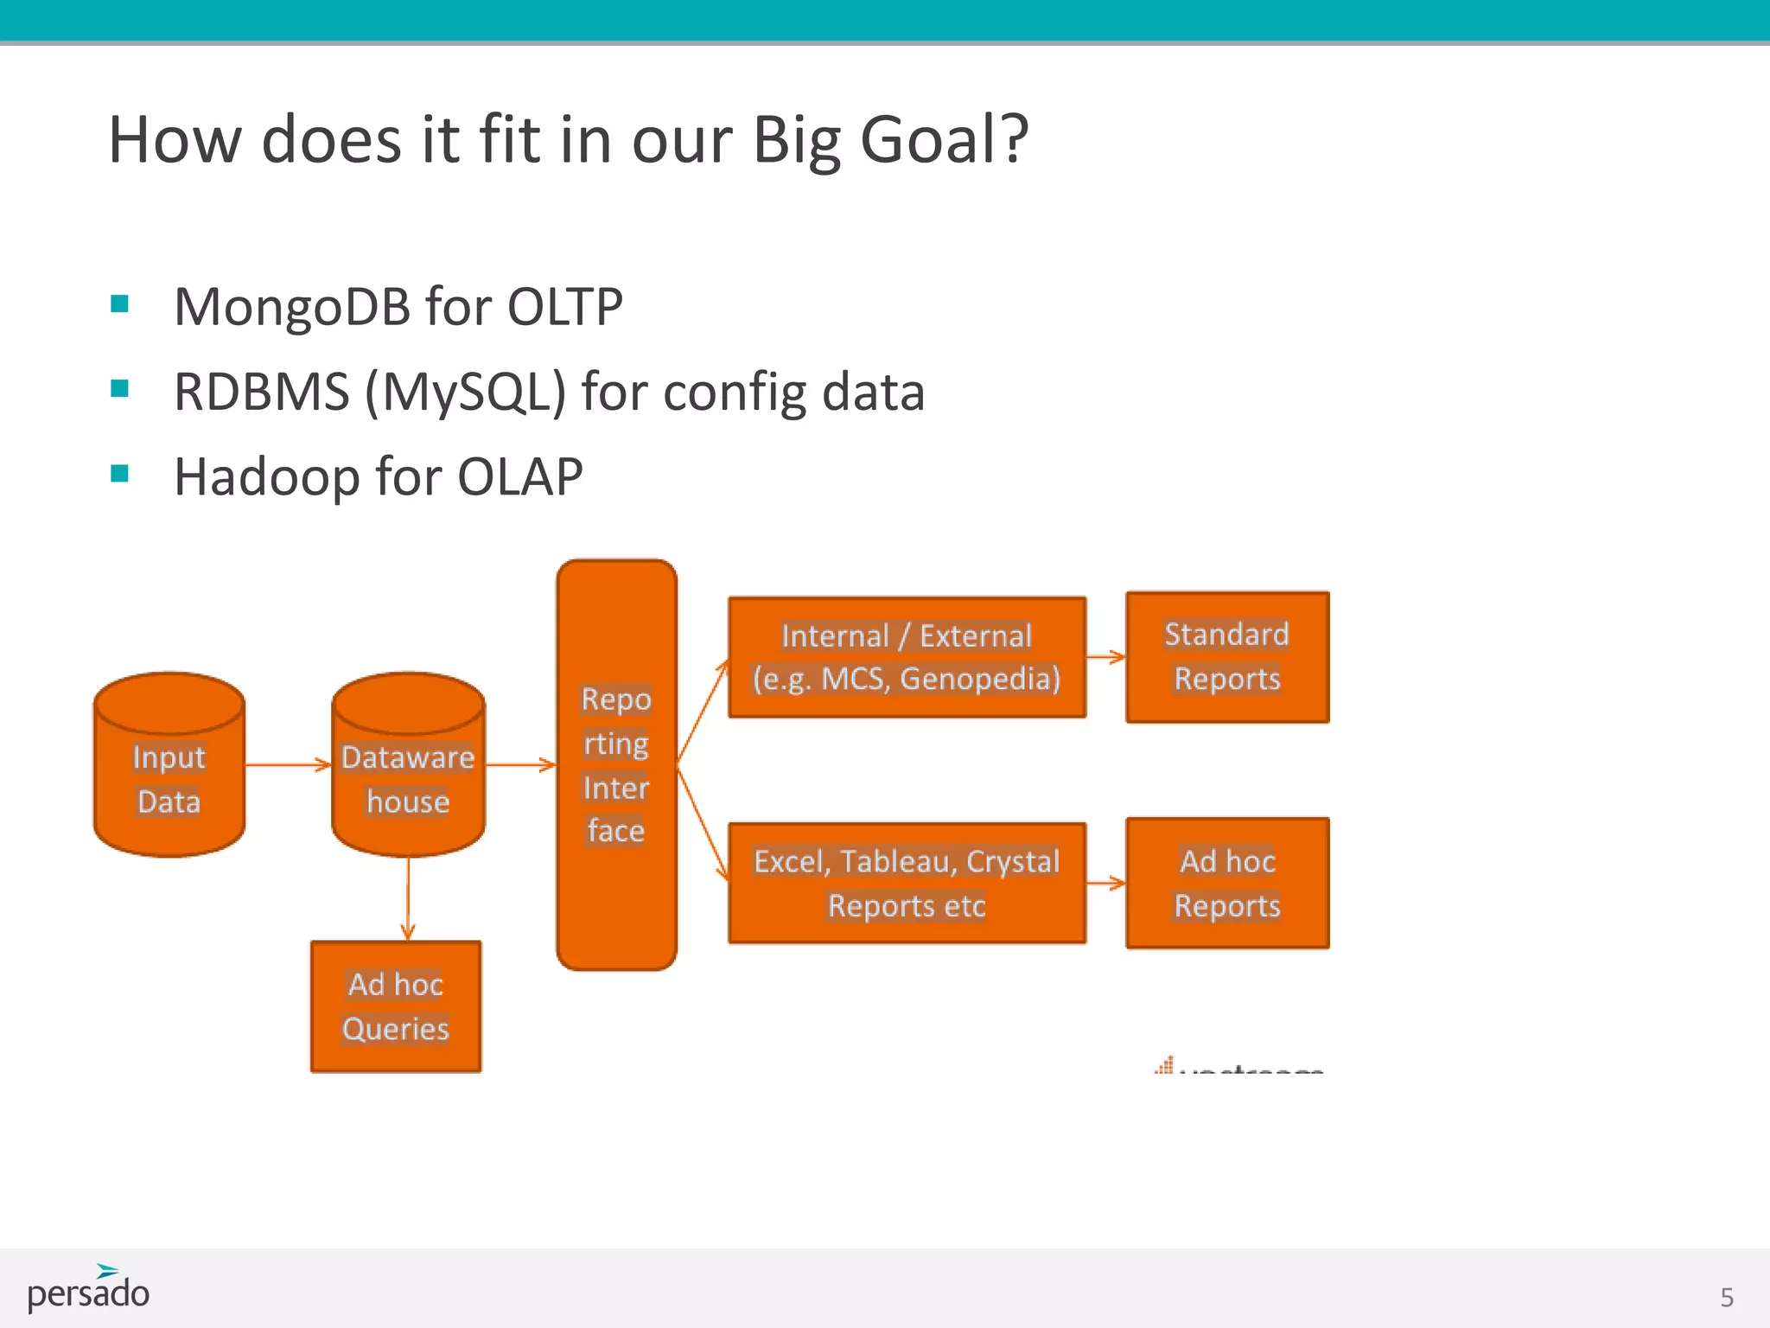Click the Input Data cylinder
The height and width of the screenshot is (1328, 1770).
(x=169, y=778)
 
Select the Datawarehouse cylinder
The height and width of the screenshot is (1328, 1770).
(x=408, y=778)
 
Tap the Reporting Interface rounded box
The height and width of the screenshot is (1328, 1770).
(x=616, y=765)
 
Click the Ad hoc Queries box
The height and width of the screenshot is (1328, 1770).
(x=396, y=1006)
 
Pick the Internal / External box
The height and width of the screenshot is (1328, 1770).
(x=907, y=657)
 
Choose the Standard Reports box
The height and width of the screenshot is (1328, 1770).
(x=1226, y=657)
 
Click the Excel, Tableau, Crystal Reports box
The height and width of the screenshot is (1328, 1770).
(x=907, y=883)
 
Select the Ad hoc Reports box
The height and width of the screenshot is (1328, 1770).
(x=1226, y=883)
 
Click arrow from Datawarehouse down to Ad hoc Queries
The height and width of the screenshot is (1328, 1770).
(x=408, y=899)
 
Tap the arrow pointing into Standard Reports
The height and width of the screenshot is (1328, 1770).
(x=1105, y=657)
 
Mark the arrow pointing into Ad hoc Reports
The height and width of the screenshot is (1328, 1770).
(x=1105, y=883)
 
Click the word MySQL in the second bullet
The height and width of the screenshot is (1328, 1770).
(x=465, y=393)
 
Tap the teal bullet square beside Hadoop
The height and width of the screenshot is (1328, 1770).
(x=120, y=473)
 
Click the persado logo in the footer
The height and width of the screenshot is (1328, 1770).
(x=88, y=1289)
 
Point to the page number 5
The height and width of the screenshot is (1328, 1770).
(x=1726, y=1298)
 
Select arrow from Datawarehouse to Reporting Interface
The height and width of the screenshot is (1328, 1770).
(x=520, y=764)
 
